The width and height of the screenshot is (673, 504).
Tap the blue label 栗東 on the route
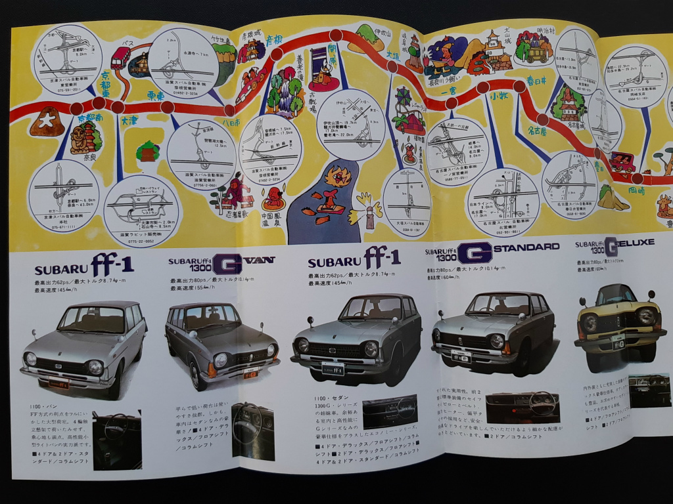coord(155,96)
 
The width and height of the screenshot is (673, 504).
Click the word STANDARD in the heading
coord(528,246)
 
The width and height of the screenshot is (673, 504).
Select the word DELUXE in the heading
coord(636,242)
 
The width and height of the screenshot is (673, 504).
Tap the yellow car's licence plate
coord(617,343)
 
